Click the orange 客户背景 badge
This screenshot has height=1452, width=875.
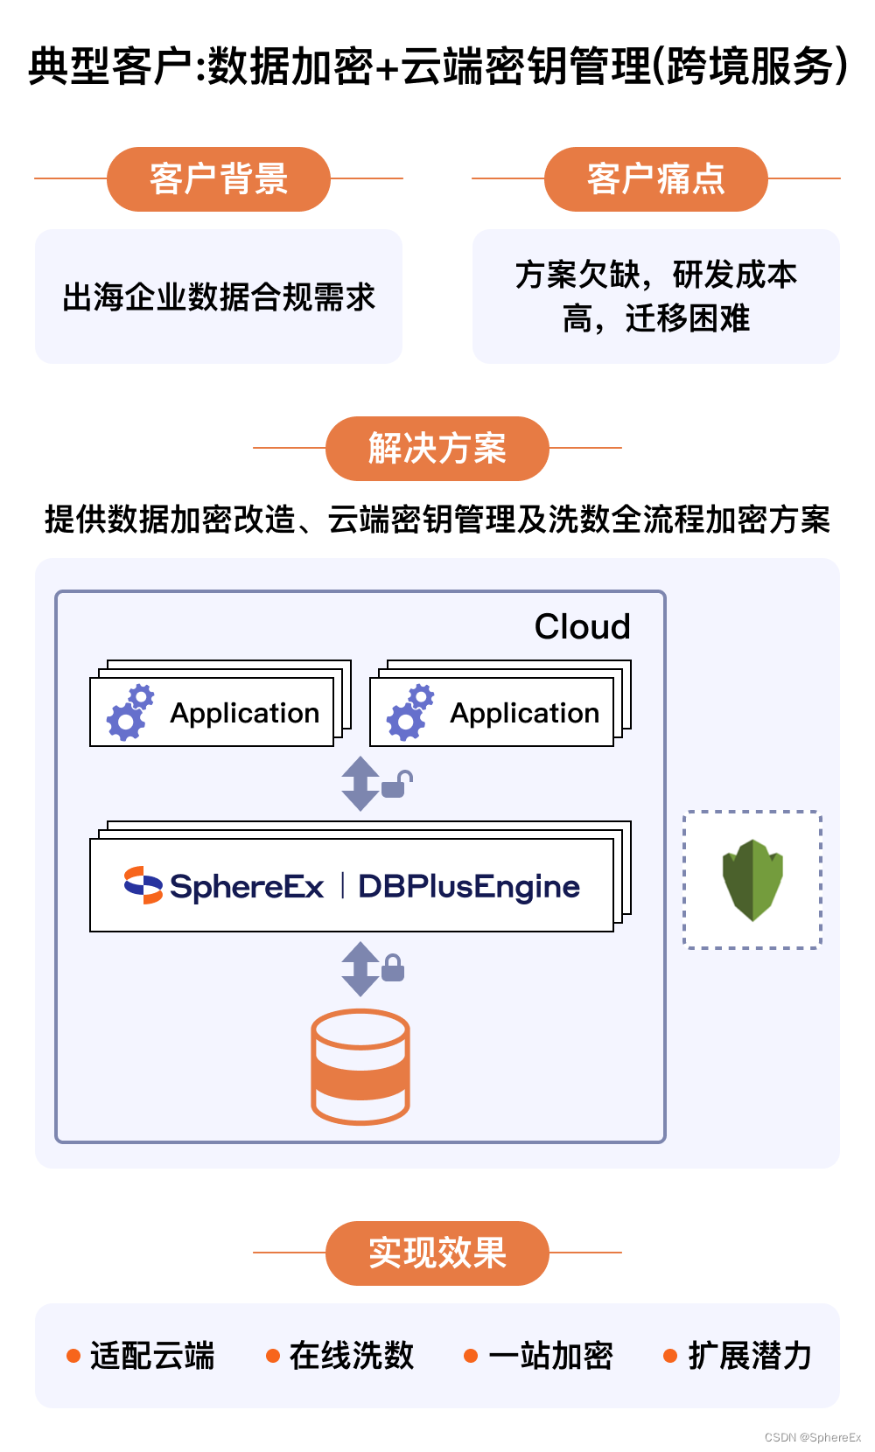coord(219,179)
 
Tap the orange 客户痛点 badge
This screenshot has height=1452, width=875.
coord(656,179)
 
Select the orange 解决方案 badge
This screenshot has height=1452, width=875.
coord(437,449)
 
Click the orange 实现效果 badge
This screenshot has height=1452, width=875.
coord(437,1253)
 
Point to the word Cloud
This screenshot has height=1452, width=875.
coord(582,626)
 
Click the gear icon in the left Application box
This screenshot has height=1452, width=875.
coord(130,713)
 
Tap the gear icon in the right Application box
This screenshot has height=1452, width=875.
coord(410,713)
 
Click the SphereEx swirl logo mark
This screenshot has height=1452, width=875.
coord(143,885)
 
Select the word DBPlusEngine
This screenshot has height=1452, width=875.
coord(469,886)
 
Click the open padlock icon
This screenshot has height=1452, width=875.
coord(396,784)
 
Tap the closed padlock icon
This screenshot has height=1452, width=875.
coord(393,967)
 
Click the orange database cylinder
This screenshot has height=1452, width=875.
coord(360,1066)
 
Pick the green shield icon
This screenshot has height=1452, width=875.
coord(752,880)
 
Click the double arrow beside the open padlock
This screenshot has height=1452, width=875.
coord(360,784)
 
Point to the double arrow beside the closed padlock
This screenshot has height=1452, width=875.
coord(360,968)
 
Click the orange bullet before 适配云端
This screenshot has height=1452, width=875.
coord(74,1356)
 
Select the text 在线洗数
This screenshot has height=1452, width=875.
coord(352,1356)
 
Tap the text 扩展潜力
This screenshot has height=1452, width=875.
coord(750,1356)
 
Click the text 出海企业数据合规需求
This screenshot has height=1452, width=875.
coord(219,297)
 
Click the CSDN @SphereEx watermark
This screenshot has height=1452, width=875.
coord(813,1437)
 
